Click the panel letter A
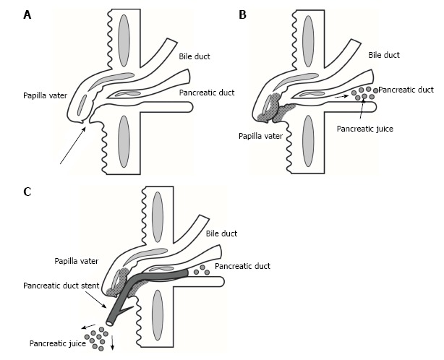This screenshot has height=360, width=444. pos(7,14)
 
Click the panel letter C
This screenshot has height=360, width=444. pos(7,192)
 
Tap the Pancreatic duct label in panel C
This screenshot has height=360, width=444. pos(242,267)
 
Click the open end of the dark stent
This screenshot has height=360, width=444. pos(109,320)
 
